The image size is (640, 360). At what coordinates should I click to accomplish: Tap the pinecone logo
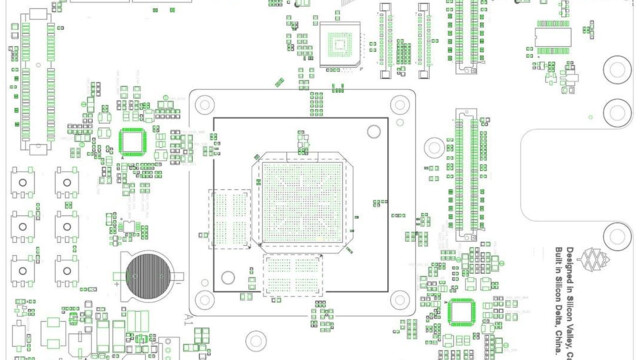click(x=598, y=261)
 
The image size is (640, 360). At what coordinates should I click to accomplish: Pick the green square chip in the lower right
click(x=461, y=311)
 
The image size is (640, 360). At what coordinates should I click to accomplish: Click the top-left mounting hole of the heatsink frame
click(x=204, y=103)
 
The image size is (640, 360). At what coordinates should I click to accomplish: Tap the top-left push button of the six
click(x=22, y=183)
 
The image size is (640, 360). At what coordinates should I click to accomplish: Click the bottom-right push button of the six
click(x=67, y=269)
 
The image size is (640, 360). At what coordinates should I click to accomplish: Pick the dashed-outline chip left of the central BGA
click(x=230, y=218)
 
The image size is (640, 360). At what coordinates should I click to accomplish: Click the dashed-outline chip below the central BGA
click(x=293, y=275)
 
